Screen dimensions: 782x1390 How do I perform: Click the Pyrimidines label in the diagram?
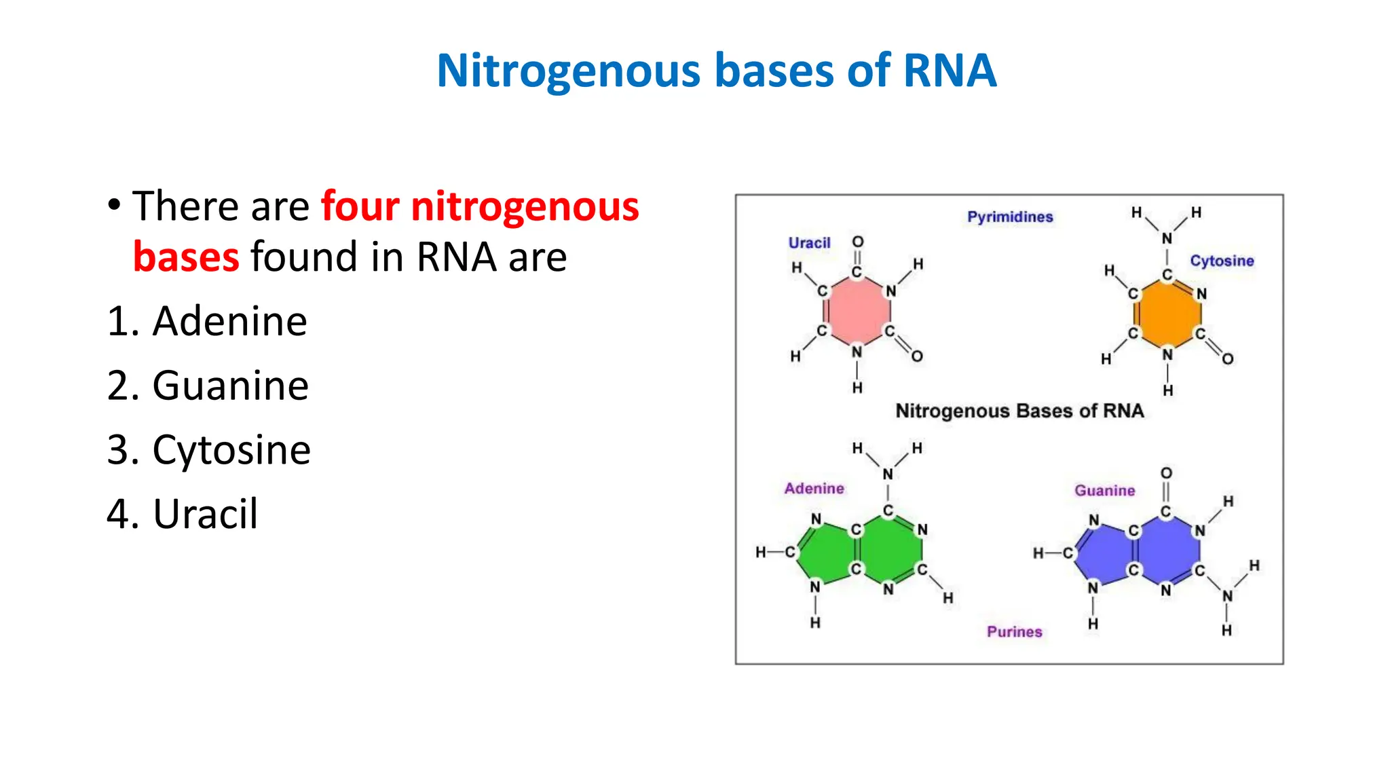tap(1010, 217)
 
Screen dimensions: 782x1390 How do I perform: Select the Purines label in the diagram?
tap(1014, 631)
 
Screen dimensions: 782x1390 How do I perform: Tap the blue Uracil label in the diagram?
tap(809, 243)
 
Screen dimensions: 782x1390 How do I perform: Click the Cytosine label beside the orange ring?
tap(1222, 261)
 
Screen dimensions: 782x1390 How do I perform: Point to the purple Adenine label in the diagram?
tap(814, 488)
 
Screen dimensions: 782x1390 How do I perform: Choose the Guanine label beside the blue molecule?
tap(1104, 490)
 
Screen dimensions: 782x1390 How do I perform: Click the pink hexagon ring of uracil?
tap(857, 312)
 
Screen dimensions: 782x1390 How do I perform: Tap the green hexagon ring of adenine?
tap(889, 550)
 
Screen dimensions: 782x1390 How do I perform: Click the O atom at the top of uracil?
tap(858, 242)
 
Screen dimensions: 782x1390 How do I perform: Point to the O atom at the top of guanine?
tap(1166, 472)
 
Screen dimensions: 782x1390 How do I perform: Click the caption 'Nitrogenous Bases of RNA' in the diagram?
tap(1019, 411)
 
